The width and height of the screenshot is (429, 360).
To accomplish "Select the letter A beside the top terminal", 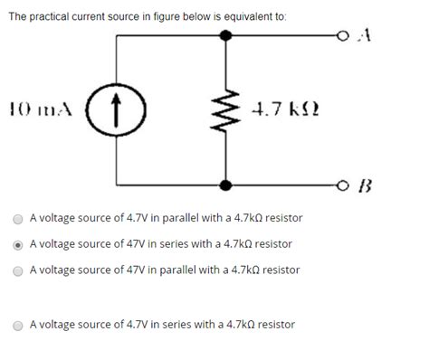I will tap(365, 36).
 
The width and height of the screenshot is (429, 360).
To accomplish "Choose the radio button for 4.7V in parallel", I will tap(18, 219).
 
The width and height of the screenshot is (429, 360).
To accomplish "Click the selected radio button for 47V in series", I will tap(18, 244).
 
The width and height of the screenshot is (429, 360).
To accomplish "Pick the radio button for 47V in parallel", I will tap(18, 270).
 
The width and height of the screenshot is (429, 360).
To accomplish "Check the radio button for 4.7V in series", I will tap(18, 325).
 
